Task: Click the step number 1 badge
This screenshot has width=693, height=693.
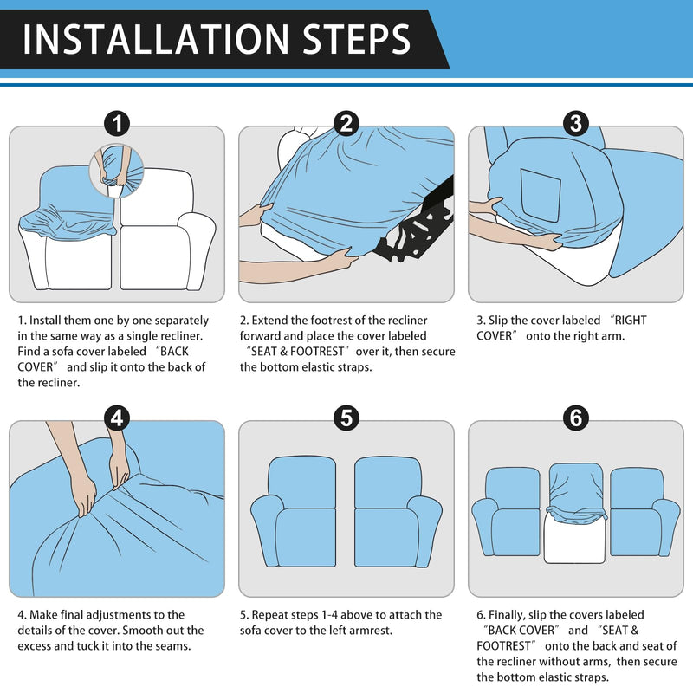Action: pos(117,123)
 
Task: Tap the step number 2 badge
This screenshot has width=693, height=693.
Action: pos(346,123)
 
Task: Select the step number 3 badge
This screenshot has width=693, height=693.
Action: pos(576,123)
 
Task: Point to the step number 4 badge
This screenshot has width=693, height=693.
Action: pos(117,418)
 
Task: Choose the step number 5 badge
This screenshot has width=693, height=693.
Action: pos(346,418)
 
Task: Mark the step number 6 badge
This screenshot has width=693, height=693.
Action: pos(576,418)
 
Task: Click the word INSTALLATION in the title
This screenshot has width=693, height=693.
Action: pos(156,39)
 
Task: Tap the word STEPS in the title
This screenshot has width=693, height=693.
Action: pos(356,39)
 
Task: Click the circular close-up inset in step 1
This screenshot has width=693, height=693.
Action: pos(117,171)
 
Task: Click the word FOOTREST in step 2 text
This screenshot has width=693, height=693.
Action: pos(317,352)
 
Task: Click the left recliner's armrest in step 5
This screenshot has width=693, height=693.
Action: pos(268,529)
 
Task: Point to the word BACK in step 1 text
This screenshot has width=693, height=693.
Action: pos(174,352)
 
